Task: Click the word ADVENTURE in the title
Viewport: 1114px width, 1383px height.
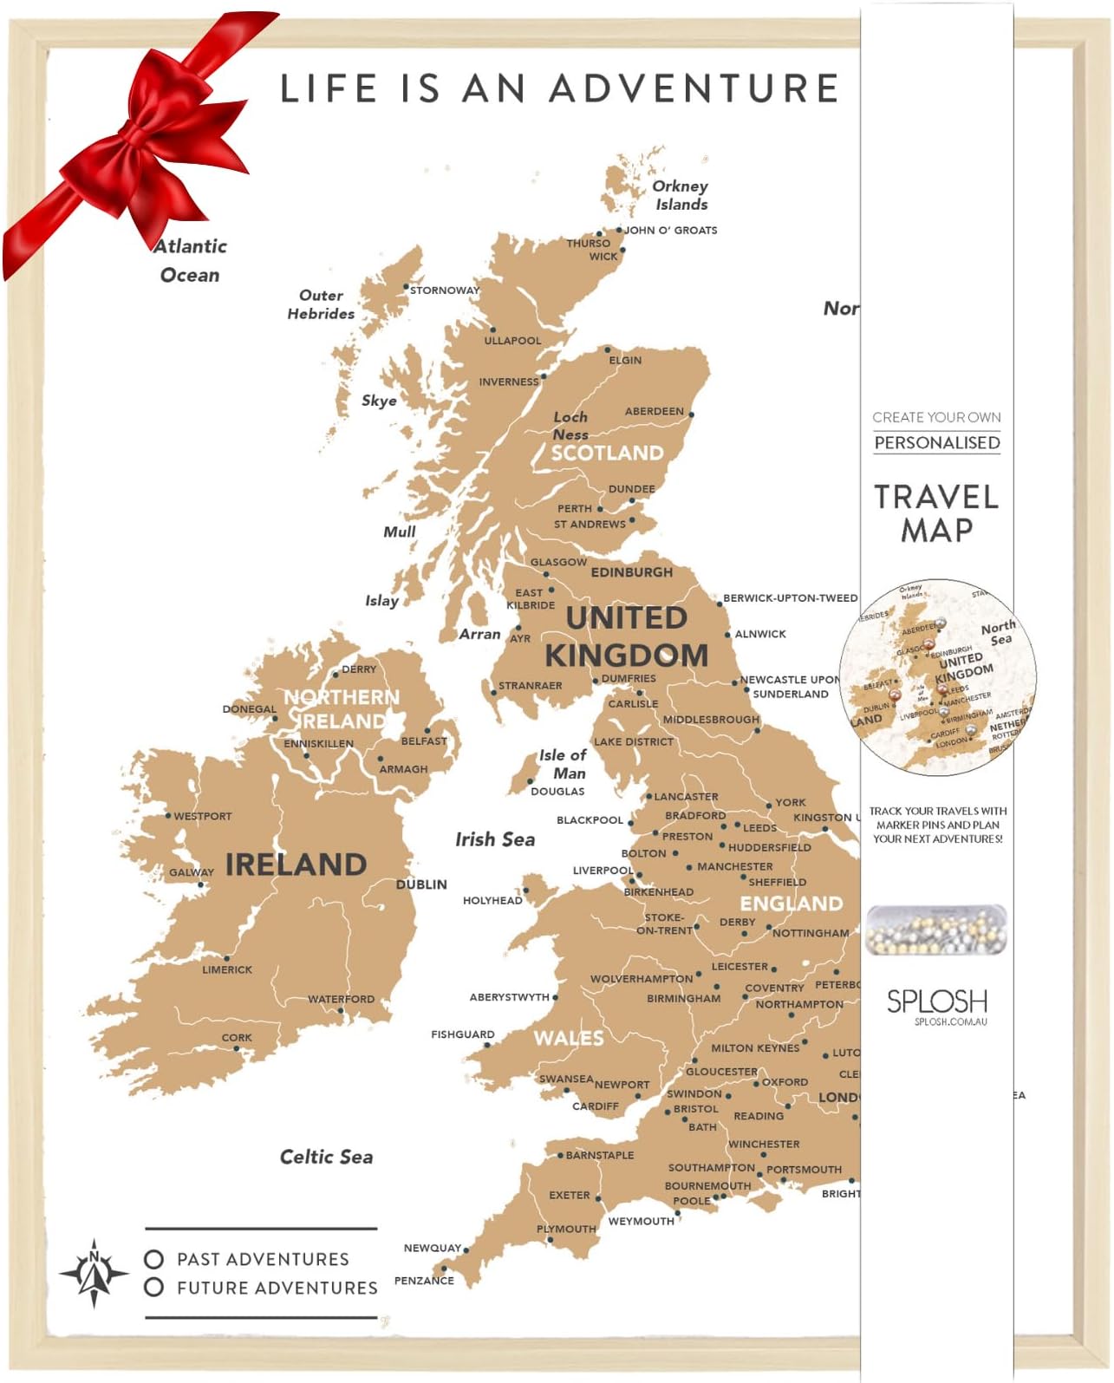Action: [694, 88]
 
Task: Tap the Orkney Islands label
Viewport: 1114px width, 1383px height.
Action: [681, 195]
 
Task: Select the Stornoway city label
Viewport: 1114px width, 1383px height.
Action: [444, 290]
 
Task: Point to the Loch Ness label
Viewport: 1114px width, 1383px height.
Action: [570, 426]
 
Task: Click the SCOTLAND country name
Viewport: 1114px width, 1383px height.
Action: [607, 453]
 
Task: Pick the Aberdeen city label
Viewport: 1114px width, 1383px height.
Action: [654, 411]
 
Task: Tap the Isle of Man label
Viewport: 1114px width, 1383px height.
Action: [563, 764]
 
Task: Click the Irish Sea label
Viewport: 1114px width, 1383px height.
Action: [495, 839]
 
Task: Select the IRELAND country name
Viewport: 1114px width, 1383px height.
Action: [296, 864]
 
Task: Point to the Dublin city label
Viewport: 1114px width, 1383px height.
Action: [421, 884]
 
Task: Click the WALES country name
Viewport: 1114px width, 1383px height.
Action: [568, 1038]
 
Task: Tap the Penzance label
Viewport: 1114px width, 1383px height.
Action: [424, 1281]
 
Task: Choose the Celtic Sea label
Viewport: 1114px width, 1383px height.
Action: [326, 1157]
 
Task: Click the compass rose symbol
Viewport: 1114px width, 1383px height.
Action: [94, 1273]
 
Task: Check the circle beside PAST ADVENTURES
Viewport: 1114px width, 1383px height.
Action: [154, 1259]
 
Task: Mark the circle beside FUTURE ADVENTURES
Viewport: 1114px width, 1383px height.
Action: [154, 1288]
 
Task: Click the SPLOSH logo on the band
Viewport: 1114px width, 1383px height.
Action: [936, 1002]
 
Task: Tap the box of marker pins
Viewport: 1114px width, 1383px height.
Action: [936, 930]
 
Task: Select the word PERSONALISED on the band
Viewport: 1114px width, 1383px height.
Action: [936, 443]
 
